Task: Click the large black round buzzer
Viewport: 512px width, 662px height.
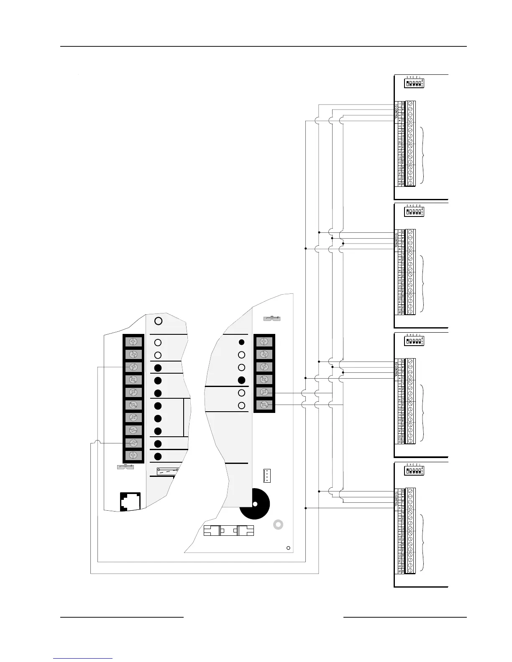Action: tap(255, 504)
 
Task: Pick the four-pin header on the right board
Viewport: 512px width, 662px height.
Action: tap(266, 475)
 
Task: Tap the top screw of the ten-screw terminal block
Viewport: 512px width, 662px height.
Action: tap(133, 342)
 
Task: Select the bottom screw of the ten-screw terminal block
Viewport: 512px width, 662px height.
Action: tap(133, 455)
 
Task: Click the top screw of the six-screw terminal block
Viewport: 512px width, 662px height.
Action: tap(264, 342)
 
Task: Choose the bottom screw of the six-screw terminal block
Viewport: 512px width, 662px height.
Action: tap(264, 405)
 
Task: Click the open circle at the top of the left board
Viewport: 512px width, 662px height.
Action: tap(159, 321)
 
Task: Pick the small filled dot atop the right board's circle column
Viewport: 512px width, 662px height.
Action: tap(241, 342)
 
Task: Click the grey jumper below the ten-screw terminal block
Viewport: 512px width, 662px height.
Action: tap(125, 467)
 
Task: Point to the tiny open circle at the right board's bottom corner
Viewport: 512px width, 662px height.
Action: tap(288, 548)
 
